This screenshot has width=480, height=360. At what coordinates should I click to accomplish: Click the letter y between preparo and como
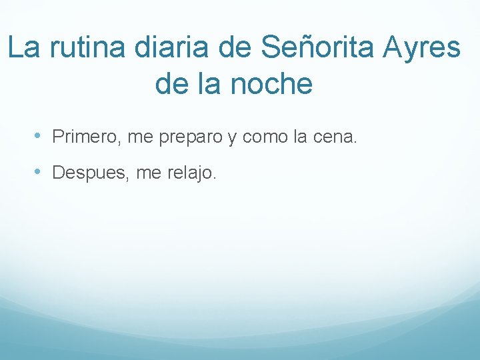click(x=232, y=139)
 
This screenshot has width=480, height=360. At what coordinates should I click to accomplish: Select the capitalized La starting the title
click(x=23, y=48)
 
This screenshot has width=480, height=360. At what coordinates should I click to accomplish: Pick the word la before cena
click(x=299, y=137)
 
